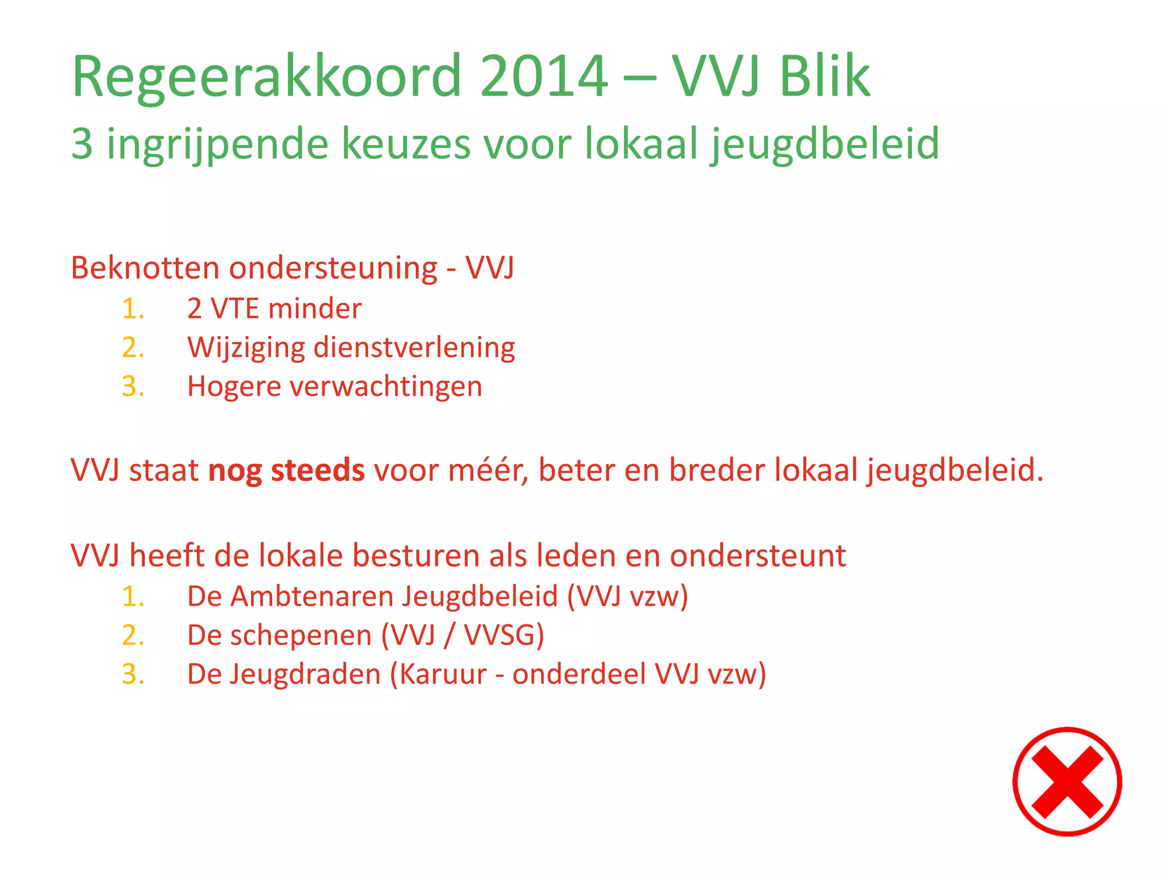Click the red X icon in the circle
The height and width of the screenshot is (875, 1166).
(x=1066, y=782)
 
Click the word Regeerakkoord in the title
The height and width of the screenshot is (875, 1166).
(x=266, y=77)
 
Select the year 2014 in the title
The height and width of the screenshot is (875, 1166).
(x=544, y=76)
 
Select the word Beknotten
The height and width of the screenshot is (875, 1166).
(x=145, y=268)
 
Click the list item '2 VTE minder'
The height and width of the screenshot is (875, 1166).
(x=274, y=309)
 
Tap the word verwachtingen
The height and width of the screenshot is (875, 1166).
(x=386, y=387)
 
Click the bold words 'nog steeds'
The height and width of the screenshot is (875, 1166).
(x=286, y=471)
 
